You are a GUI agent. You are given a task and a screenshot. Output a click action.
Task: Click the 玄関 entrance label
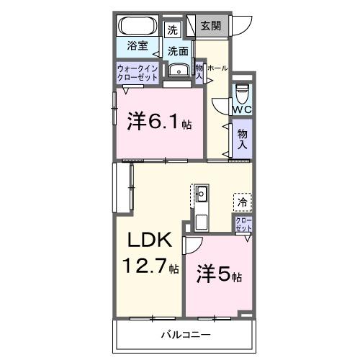[x=210, y=27]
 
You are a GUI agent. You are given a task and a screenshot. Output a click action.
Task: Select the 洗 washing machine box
[x=172, y=30]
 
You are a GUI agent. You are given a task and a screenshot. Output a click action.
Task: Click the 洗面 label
[x=178, y=51]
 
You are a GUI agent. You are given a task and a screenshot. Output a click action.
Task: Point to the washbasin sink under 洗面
[x=177, y=70]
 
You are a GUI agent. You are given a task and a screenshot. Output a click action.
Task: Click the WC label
[x=242, y=109]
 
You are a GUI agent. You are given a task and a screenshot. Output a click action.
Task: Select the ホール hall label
[x=218, y=68]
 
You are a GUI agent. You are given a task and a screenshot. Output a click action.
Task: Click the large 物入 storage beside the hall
[x=242, y=139]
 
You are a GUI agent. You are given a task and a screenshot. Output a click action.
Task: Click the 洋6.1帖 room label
[x=160, y=122]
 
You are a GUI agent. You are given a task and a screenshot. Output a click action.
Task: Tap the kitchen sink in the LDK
[x=202, y=194]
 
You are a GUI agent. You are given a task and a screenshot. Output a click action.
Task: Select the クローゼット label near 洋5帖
[x=243, y=224]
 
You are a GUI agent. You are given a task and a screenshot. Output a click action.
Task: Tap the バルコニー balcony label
[x=185, y=335]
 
